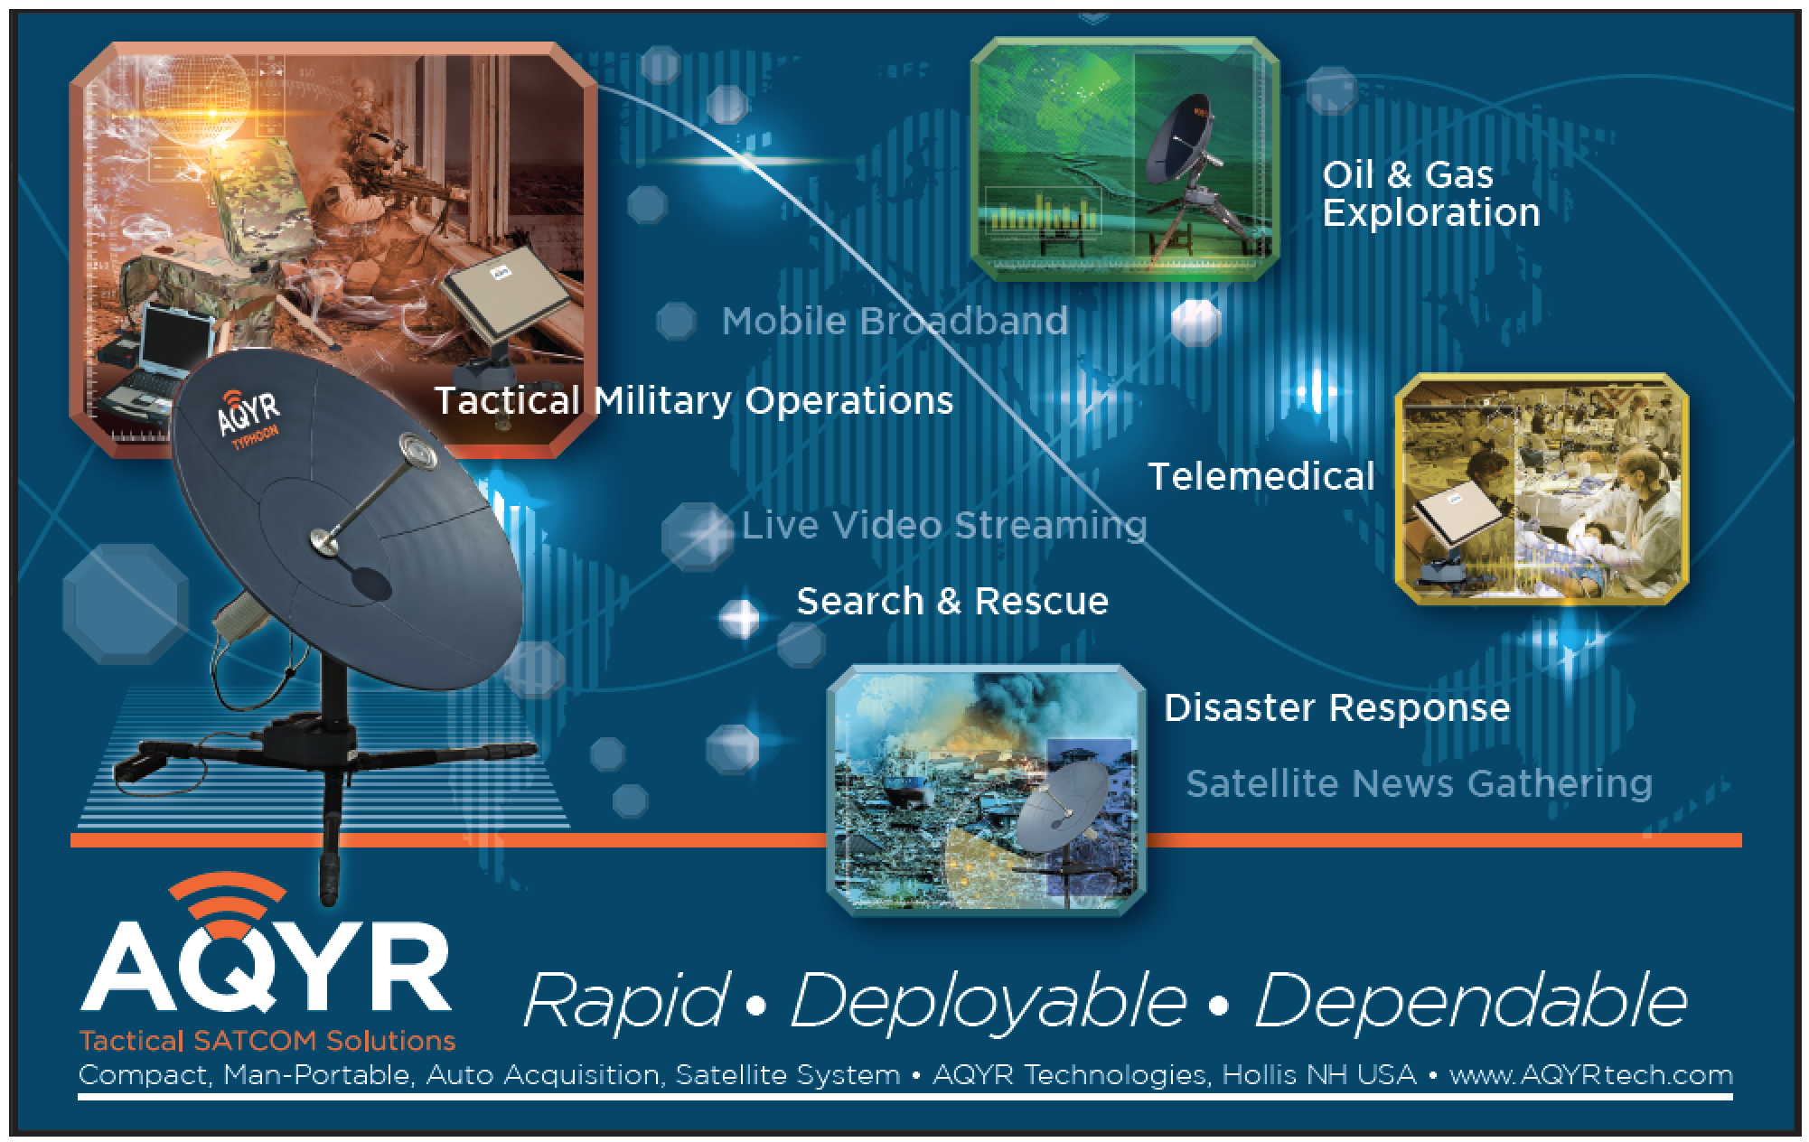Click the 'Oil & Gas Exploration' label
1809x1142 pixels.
(1430, 194)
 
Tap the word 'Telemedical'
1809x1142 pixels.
(1261, 476)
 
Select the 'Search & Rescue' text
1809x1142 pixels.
(952, 601)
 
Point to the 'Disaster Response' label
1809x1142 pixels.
(1336, 707)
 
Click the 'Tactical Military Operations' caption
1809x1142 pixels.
(694, 400)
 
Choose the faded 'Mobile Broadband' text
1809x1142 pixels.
(895, 321)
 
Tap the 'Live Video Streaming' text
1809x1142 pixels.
(944, 525)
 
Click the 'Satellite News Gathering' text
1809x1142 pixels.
(1420, 783)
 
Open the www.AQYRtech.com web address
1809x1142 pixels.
(1591, 1075)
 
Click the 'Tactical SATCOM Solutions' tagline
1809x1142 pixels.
(267, 1041)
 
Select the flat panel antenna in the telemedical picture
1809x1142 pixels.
(1456, 527)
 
